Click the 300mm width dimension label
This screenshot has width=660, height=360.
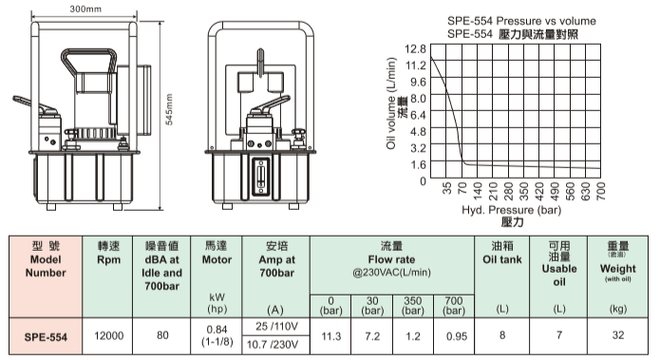pyautogui.click(x=85, y=9)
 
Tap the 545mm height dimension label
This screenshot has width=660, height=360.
pyautogui.click(x=169, y=109)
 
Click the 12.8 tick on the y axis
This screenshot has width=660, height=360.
pyautogui.click(x=415, y=48)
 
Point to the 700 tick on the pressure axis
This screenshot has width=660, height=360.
pyautogui.click(x=601, y=191)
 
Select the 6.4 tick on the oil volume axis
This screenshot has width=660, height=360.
pyautogui.click(x=418, y=115)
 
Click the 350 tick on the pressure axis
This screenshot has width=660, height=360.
pyautogui.click(x=523, y=191)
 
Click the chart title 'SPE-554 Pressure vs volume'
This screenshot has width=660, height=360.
pyautogui.click(x=521, y=21)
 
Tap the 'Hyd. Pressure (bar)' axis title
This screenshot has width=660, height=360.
pyautogui.click(x=512, y=210)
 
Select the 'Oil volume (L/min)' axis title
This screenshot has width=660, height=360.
pyautogui.click(x=391, y=104)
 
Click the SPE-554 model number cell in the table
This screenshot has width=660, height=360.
pyautogui.click(x=46, y=337)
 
